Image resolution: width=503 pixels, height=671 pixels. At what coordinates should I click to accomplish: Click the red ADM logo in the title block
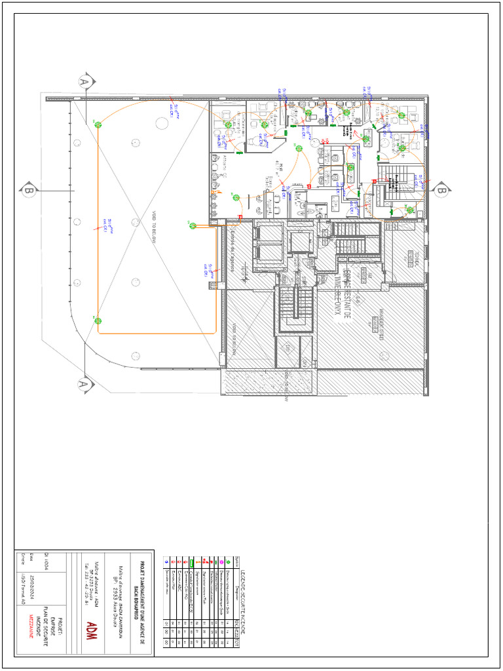(91, 628)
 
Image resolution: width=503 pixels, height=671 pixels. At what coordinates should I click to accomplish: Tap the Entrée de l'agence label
(232, 248)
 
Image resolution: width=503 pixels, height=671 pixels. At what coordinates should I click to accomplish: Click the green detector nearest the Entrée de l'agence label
(193, 226)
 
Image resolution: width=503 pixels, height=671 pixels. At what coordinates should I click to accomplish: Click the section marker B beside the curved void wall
(28, 191)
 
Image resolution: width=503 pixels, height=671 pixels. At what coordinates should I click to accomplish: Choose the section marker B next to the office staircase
(441, 191)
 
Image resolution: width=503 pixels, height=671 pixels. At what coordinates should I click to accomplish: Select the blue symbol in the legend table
(167, 562)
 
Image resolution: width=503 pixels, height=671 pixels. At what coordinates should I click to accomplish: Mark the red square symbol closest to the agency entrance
(240, 216)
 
